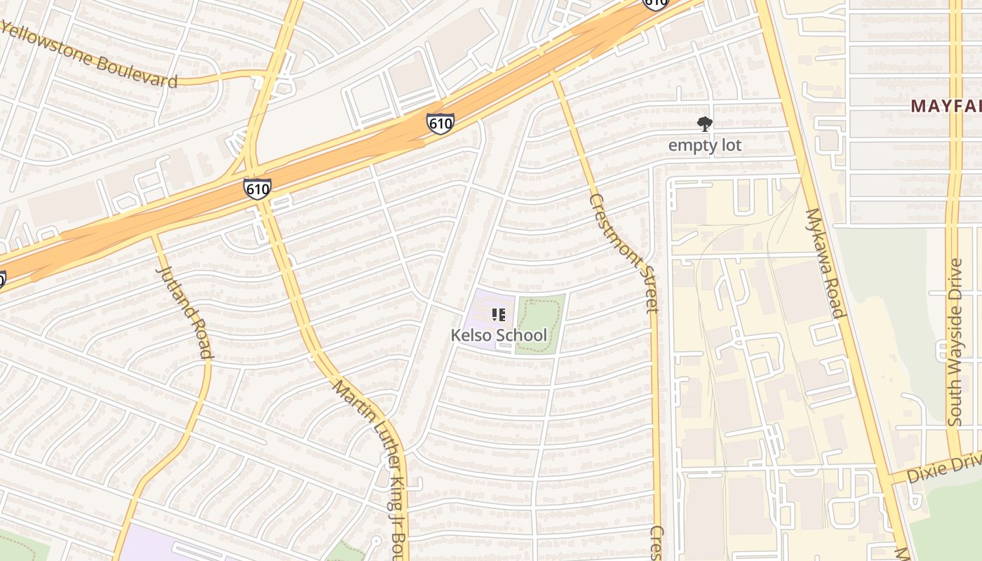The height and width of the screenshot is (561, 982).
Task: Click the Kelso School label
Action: [x=499, y=335]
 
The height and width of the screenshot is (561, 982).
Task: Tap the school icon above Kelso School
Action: [x=499, y=315]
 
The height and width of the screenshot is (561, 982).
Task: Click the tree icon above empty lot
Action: [x=705, y=125]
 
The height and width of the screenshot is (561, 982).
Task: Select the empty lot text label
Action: [x=704, y=145]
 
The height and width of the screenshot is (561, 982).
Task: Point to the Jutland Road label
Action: [x=184, y=311]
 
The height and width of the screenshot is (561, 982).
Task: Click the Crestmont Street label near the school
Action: [x=624, y=252]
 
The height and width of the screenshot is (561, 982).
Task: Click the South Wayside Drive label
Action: [x=955, y=342]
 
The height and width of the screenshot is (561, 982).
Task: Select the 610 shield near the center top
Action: [x=440, y=124]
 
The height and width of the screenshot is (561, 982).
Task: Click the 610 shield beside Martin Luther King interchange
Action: [x=257, y=189]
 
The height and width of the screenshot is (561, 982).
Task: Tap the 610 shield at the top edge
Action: [x=655, y=3]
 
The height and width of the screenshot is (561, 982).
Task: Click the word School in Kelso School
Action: [x=521, y=335]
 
